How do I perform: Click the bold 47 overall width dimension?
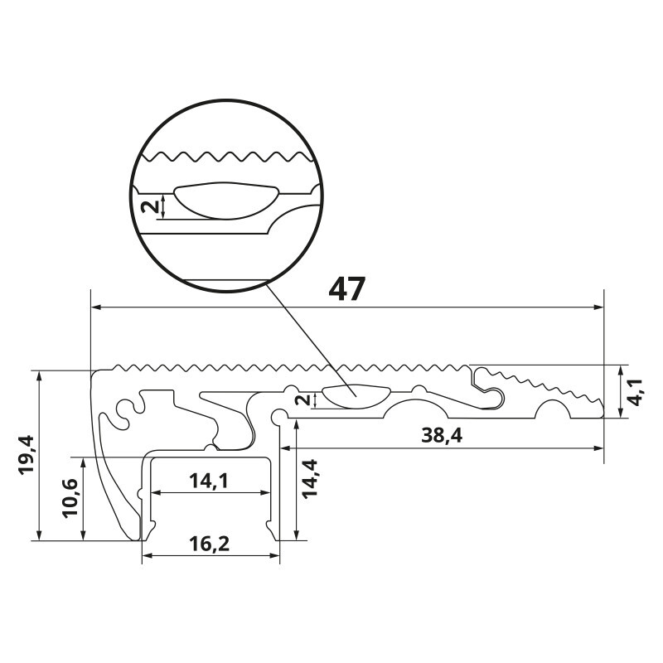coord(346,288)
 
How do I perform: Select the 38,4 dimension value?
coord(442,436)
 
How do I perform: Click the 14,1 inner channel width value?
coord(209,481)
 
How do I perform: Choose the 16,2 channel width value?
coord(210,544)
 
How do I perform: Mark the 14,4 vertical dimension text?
coord(310,478)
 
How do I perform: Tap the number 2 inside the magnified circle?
coord(150,206)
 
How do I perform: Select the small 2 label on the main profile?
coord(302,399)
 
